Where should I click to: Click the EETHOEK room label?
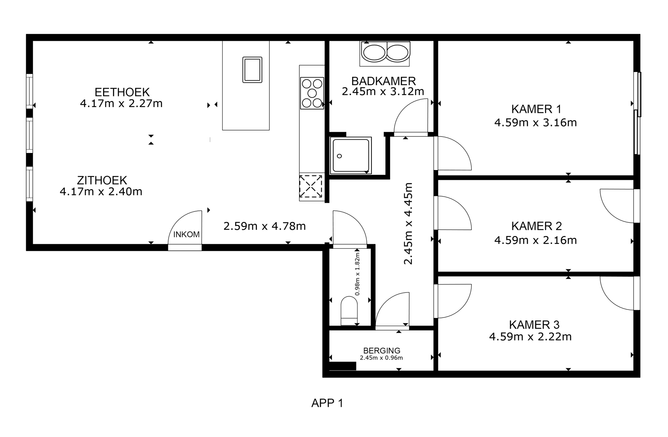click(x=122, y=92)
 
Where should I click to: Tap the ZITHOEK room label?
click(x=102, y=180)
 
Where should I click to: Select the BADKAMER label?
click(x=384, y=81)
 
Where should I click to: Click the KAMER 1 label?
click(x=536, y=109)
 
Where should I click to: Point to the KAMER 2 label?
click(x=537, y=226)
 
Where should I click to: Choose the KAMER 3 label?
click(x=534, y=325)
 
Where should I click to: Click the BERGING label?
click(x=382, y=351)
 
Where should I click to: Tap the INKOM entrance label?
click(x=186, y=235)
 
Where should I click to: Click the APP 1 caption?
click(x=327, y=403)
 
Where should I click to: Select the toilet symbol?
click(x=349, y=311)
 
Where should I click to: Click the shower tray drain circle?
click(x=339, y=156)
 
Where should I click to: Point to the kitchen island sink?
click(x=252, y=70)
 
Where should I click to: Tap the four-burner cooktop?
click(x=312, y=93)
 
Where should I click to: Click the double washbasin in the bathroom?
click(x=385, y=52)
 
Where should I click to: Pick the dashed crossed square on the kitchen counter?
click(x=311, y=186)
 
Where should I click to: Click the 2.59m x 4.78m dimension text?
click(x=264, y=226)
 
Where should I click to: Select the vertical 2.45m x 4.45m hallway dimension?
click(x=408, y=224)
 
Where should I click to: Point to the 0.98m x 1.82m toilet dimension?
click(x=357, y=274)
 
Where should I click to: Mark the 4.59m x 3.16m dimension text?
click(x=535, y=122)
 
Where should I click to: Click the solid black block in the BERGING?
click(x=343, y=366)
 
